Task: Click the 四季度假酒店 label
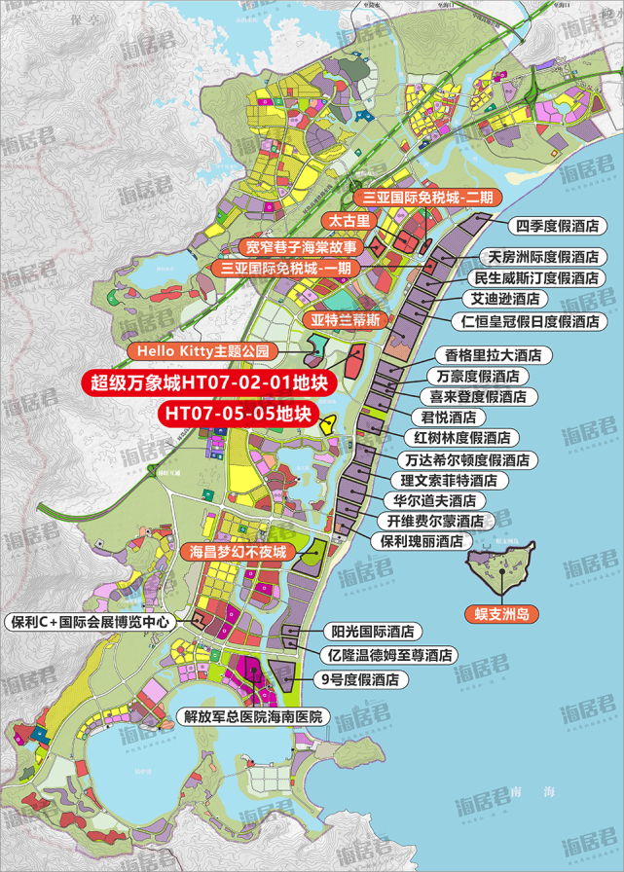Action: pos(557,226)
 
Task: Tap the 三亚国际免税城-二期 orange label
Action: pos(427,197)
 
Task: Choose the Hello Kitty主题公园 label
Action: pos(208,349)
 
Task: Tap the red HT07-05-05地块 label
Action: pos(239,414)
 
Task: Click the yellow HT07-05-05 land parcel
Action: pos(329,423)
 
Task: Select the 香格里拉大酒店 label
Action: pos(493,354)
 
